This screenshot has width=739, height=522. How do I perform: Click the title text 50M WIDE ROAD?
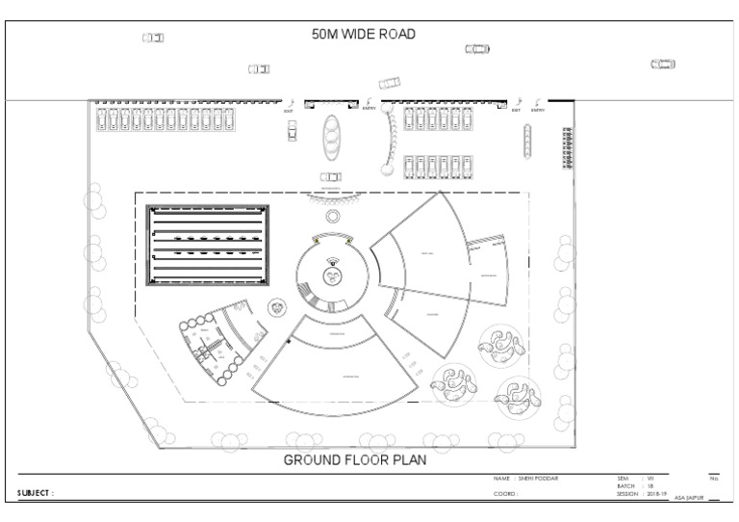coord(363,35)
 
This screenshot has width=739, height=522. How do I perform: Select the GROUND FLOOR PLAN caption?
coord(354,460)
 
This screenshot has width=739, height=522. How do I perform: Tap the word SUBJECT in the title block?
coord(35,493)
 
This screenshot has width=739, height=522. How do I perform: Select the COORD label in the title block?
coord(505,493)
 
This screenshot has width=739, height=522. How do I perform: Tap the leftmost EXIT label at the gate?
coord(288,110)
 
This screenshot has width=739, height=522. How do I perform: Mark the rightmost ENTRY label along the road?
coord(537,110)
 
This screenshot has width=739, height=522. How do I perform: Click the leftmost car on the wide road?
coord(153,38)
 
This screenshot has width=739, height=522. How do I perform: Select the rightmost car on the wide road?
coord(663,64)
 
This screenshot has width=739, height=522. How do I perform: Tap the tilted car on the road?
coord(390,83)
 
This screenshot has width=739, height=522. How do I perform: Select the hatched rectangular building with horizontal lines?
coord(207,246)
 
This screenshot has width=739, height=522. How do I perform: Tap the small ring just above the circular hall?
coord(333,218)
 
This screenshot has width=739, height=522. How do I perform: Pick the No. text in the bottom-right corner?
coord(714,478)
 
